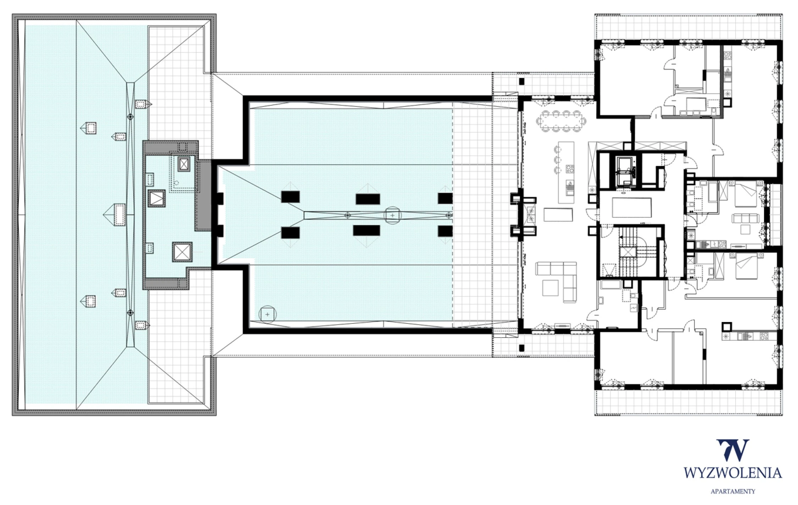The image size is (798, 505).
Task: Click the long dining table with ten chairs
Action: coord(561,121)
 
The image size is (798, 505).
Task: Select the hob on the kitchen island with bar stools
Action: coord(570,168)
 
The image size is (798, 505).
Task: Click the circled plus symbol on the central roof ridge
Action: coord(392,215)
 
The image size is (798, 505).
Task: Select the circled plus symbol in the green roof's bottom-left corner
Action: coord(267,314)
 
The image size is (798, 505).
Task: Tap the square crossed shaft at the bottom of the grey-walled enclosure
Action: coord(182,252)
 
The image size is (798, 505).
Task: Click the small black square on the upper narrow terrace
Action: coord(521,81)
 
